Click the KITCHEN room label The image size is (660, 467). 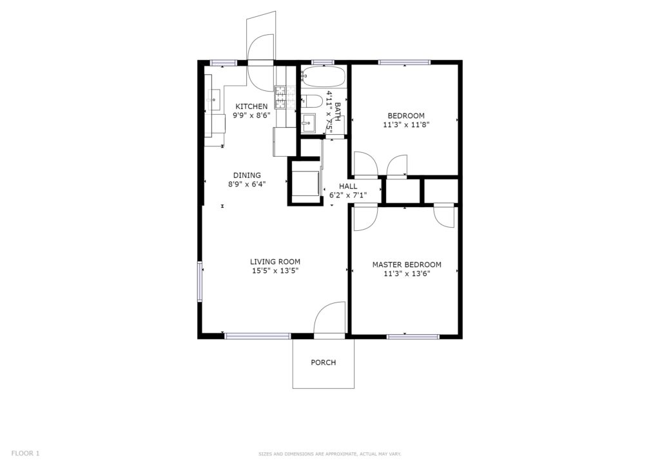coord(251,106)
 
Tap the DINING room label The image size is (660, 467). coord(247,175)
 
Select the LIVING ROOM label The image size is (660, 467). coord(275,261)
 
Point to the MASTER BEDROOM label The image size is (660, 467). coord(407,264)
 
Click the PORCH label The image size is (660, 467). coord(324,362)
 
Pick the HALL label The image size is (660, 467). coord(348,186)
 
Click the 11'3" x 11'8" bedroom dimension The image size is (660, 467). coord(406,124)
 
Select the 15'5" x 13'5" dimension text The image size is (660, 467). coord(275,271)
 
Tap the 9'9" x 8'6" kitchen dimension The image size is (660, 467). coord(251,115)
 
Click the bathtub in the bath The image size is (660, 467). coord(324,76)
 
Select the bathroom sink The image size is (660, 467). coord(309,123)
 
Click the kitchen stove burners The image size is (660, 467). coord(280,97)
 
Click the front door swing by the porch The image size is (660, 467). coord(329,320)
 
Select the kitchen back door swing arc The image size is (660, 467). coord(261,63)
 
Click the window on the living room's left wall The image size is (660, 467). coord(200,281)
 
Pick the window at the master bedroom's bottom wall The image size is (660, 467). coord(412,337)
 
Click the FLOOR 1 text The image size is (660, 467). coord(25,453)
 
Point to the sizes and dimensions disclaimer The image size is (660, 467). coord(329,454)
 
